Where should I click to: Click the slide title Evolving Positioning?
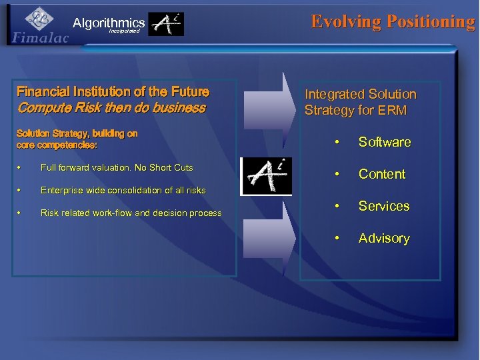(x=393, y=21)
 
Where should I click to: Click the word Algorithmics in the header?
(x=109, y=23)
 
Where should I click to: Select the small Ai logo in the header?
(x=165, y=24)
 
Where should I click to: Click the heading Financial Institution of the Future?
(x=113, y=91)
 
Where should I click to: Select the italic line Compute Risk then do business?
(x=111, y=107)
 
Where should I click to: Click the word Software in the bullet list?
(x=385, y=142)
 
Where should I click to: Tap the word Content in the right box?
(x=382, y=174)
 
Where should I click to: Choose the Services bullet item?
(x=384, y=206)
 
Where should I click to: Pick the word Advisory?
(x=384, y=238)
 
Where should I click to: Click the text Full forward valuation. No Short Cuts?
(x=117, y=167)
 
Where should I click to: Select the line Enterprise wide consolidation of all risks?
(x=123, y=191)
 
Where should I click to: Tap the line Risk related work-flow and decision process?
(x=131, y=213)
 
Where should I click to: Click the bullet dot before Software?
(x=339, y=142)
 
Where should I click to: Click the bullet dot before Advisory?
(x=339, y=238)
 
